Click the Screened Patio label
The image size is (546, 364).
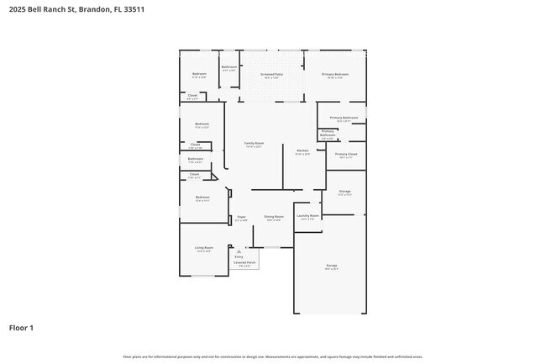271,74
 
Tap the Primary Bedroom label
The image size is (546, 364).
335,74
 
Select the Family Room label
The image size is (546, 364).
254,143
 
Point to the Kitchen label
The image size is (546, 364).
302,150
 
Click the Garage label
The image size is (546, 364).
332,266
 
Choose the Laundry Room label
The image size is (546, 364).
308,215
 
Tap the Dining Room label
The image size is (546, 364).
274,217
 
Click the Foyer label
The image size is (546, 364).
240,217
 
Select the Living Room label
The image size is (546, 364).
203,247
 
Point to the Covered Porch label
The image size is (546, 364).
245,262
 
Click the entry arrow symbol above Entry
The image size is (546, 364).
239,251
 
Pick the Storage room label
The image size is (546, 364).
344,192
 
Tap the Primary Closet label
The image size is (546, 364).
346,154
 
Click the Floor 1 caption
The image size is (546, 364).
21,327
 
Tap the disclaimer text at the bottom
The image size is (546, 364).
272,356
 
